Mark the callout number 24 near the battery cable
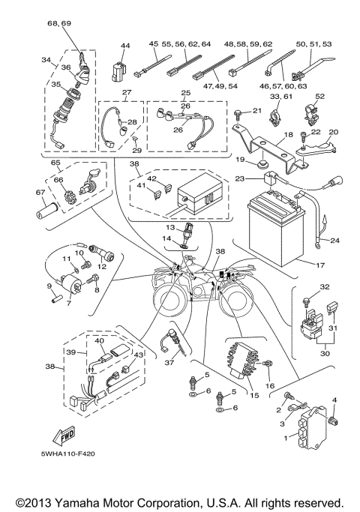click(x=334, y=241)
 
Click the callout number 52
click(x=319, y=96)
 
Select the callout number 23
click(x=240, y=178)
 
